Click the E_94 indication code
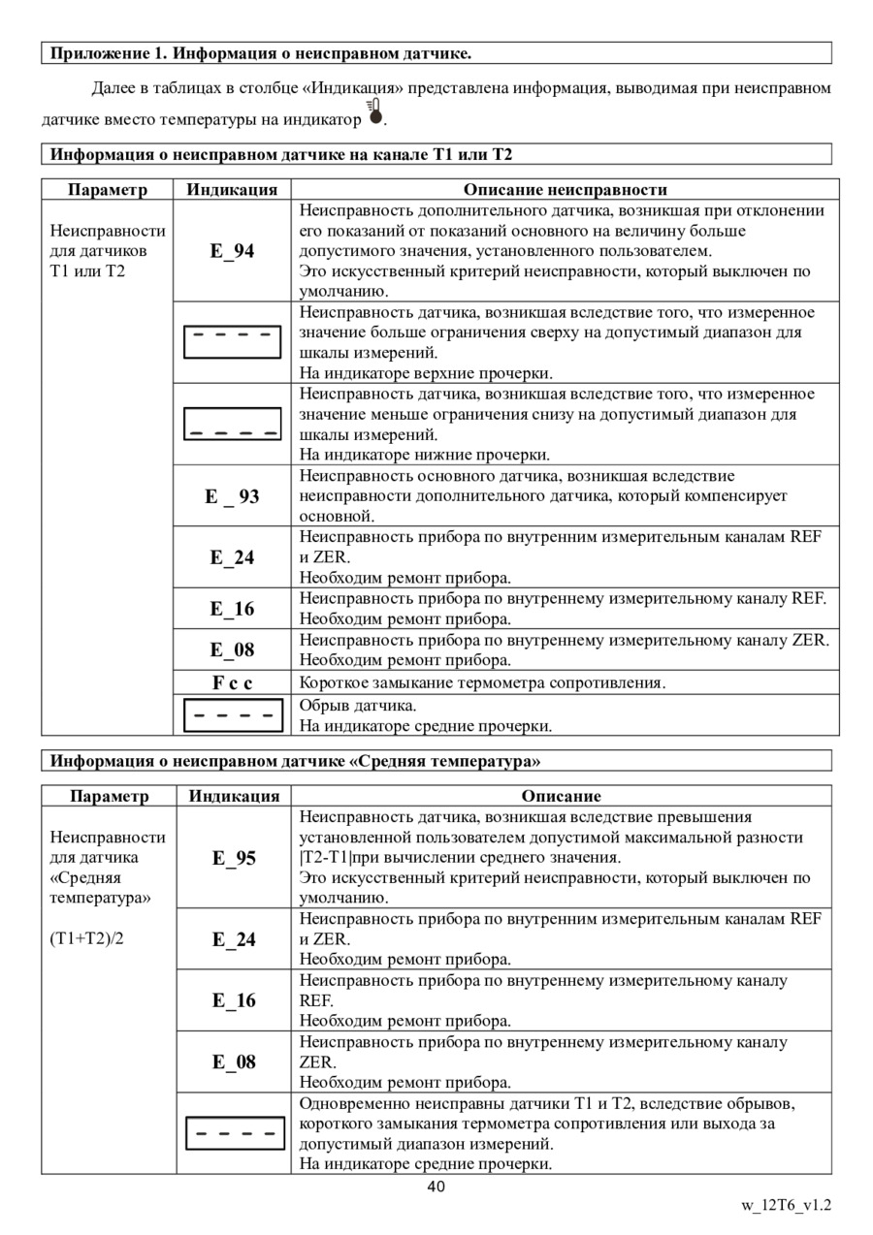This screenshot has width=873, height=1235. [232, 252]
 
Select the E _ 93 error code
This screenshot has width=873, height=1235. [232, 496]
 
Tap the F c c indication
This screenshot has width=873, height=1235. [232, 682]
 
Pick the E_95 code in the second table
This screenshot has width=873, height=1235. [234, 858]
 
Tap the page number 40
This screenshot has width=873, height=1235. [436, 1187]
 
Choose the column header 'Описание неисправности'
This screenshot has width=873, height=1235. [565, 189]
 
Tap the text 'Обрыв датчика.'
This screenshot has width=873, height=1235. [358, 704]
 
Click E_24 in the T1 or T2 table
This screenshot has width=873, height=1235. [232, 557]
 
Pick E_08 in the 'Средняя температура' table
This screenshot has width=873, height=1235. [234, 1061]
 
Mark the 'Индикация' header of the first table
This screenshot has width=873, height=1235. [232, 189]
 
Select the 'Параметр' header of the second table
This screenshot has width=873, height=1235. [109, 796]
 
